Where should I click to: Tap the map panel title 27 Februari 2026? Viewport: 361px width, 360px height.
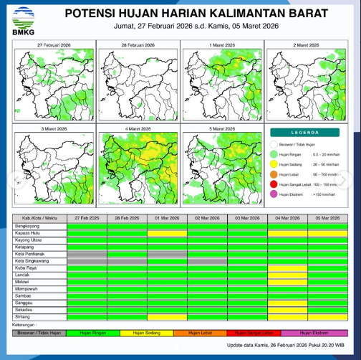click(x=54, y=45)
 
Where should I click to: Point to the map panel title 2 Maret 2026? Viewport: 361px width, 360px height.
click(x=307, y=45)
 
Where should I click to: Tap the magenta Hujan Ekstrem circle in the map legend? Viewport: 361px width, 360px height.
click(x=274, y=194)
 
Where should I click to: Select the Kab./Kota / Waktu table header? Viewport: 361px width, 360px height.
click(x=39, y=217)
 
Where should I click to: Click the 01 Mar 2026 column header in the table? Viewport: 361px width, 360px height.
click(x=167, y=217)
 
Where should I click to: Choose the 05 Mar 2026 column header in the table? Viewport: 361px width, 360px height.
click(x=327, y=217)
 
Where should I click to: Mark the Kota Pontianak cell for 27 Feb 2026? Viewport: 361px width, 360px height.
click(x=87, y=253)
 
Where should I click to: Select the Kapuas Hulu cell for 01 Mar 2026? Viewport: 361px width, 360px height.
click(x=167, y=232)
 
